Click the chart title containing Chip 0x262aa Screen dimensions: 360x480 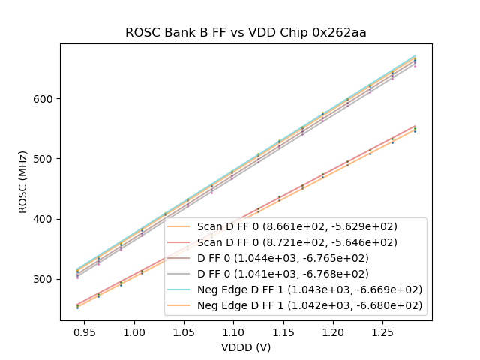pyautogui.click(x=245, y=33)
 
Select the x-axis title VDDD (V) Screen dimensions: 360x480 pyautogui.click(x=245, y=347)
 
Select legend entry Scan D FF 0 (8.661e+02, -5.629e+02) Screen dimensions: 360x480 pyautogui.click(x=297, y=226)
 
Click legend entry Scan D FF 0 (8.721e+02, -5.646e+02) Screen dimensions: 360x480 pyautogui.click(x=297, y=242)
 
